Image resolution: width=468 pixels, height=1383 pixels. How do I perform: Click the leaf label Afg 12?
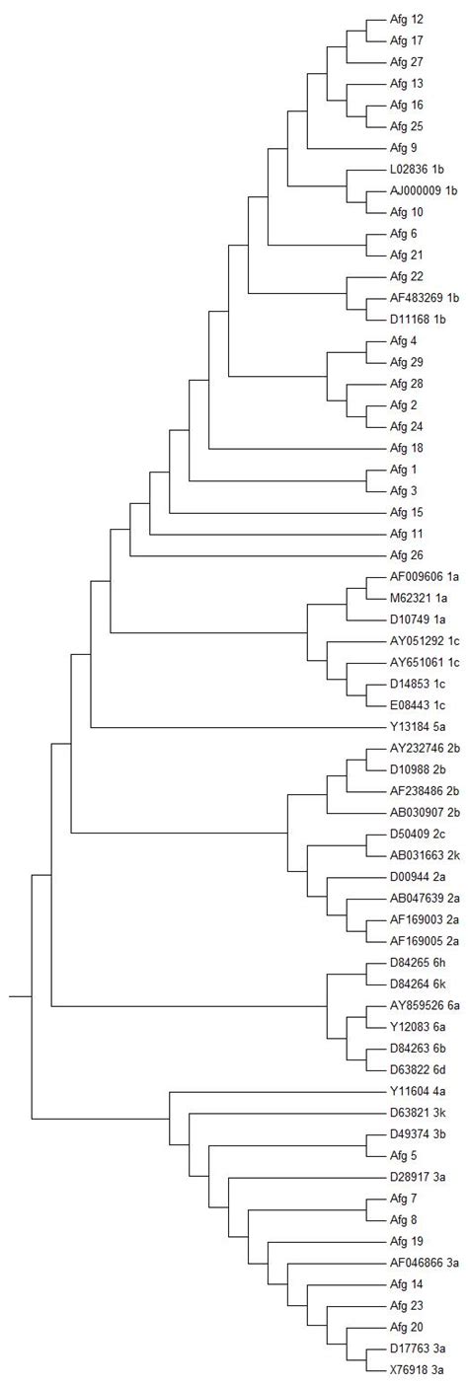[407, 20]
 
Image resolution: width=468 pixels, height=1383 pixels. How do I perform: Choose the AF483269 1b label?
[426, 297]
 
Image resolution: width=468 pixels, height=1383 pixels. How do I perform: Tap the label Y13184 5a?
[419, 726]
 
